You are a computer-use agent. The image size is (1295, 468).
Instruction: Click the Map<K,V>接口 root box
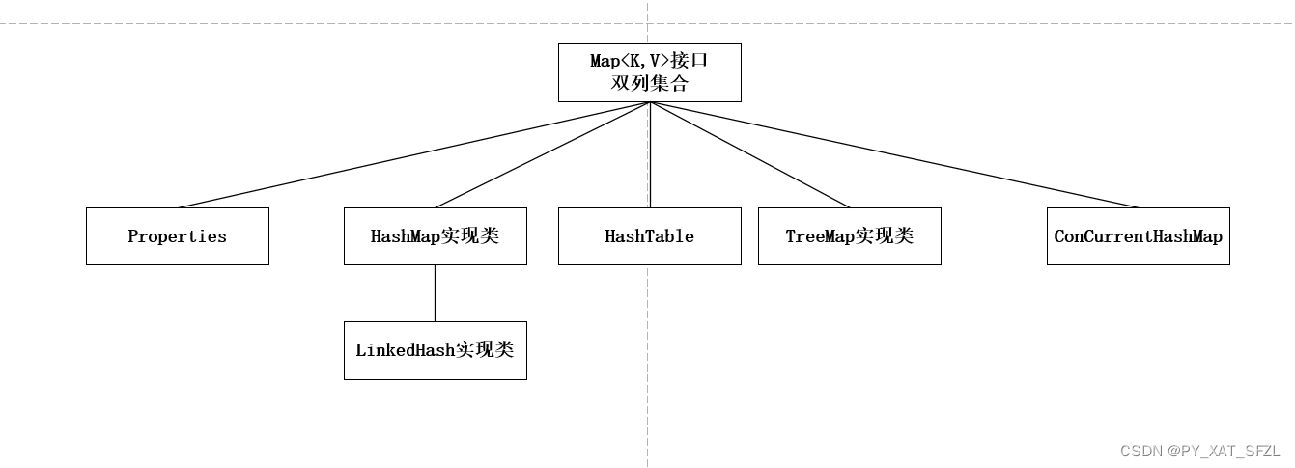tap(649, 72)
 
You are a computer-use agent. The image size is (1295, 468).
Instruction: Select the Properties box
tap(177, 236)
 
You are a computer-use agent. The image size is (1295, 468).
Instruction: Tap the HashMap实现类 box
tap(435, 236)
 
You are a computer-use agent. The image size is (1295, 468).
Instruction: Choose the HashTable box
tap(649, 236)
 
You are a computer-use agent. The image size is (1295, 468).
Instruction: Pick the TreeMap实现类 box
tap(849, 236)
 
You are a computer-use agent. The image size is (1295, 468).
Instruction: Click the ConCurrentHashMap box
tap(1138, 236)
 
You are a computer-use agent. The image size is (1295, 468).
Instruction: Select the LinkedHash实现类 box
tap(435, 350)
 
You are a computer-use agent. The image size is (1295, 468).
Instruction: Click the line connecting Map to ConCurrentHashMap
tap(893, 154)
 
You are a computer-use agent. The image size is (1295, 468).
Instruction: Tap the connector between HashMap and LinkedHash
tap(435, 293)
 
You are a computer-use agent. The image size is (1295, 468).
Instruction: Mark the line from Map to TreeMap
tap(749, 154)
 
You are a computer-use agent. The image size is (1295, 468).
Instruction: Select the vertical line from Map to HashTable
tap(650, 154)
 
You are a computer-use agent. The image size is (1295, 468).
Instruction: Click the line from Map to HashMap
tap(543, 154)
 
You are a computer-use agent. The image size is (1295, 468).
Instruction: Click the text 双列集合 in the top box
tap(649, 84)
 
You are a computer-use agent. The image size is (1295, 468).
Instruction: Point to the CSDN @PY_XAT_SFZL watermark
tap(1199, 452)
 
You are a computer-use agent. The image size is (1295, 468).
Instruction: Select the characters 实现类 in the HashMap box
tap(470, 236)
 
